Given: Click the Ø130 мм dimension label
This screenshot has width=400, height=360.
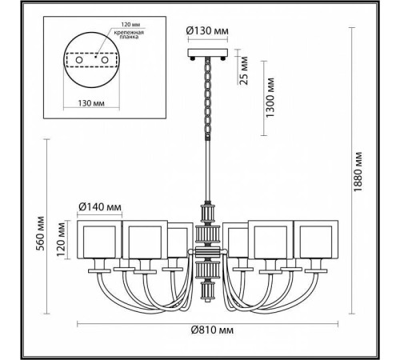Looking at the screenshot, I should [x=206, y=32].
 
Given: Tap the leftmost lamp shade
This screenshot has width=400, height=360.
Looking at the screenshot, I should [x=100, y=239].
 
